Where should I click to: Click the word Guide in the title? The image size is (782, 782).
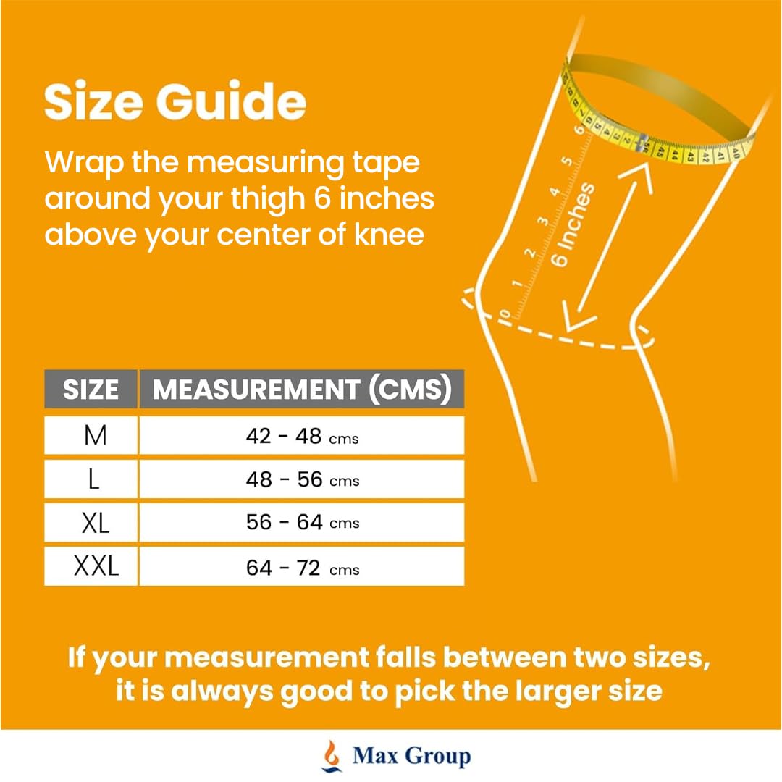coord(231,101)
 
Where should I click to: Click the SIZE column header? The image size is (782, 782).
coord(91,389)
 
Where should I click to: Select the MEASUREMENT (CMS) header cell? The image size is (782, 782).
coord(302,389)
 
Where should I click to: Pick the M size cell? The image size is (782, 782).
coord(91,435)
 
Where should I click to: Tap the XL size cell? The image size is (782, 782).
coord(91,522)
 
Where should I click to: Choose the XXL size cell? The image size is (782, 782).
coord(91,566)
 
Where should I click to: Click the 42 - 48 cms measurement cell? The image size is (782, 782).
coord(302,435)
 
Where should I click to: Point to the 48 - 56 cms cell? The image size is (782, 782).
coord(302,479)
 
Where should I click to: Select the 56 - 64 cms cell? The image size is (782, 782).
coord(302,522)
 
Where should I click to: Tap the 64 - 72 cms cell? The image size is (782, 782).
coord(302,566)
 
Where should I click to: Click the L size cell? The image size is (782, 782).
coord(91,479)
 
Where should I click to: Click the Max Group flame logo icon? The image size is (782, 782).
coord(332,755)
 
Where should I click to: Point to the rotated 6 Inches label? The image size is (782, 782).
coord(573,224)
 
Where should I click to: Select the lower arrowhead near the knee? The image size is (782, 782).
coord(576,316)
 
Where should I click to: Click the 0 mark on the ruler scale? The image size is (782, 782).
coord(505,315)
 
